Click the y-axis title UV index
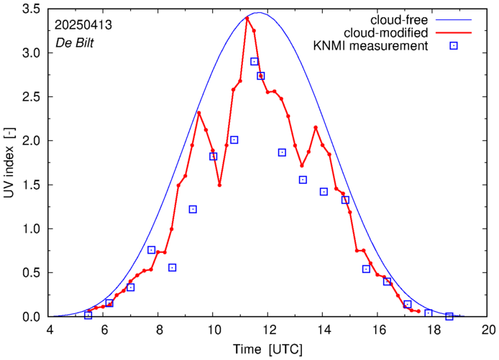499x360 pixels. pyautogui.click(x=10, y=163)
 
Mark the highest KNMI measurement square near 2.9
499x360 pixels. pyautogui.click(x=255, y=62)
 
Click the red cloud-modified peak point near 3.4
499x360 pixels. pyautogui.click(x=247, y=18)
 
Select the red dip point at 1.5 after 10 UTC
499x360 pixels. pyautogui.click(x=219, y=185)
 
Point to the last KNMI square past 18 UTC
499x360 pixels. pyautogui.click(x=449, y=316)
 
